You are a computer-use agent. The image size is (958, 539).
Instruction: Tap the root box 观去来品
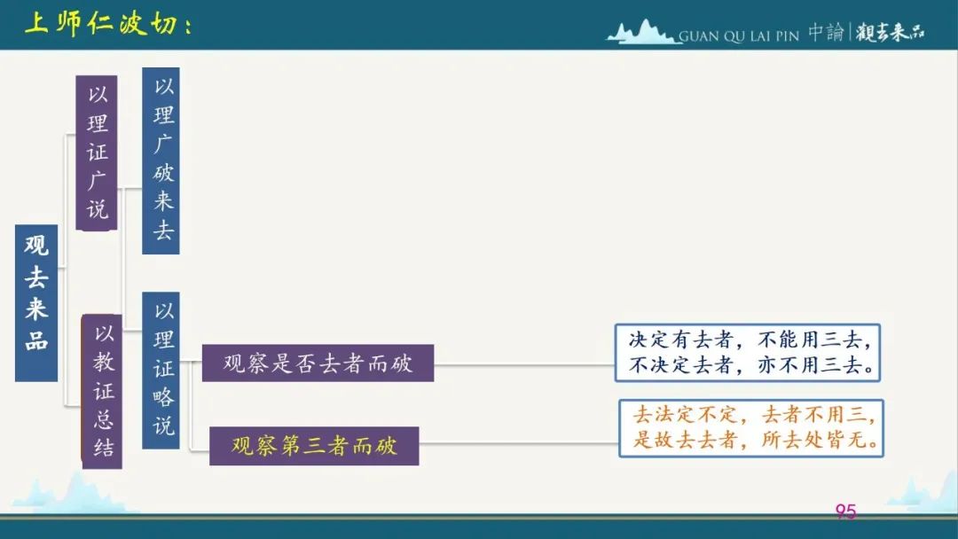point(36,303)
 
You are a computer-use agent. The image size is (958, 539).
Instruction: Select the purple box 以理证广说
point(97,152)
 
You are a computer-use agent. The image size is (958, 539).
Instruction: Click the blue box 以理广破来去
point(161,160)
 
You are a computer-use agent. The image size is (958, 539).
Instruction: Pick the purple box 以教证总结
point(102,391)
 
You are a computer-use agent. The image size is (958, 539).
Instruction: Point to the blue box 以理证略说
point(161,370)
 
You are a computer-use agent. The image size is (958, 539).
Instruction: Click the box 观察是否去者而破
point(318,363)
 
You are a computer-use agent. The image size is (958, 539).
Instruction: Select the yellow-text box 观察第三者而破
point(314,446)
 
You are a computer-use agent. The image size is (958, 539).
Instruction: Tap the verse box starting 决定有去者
point(747,353)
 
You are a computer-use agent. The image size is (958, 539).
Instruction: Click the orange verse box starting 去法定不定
point(751,428)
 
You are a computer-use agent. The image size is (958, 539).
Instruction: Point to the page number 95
point(845,511)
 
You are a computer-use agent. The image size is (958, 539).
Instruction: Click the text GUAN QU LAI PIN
point(739,36)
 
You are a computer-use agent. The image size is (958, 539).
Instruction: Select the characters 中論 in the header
point(826,32)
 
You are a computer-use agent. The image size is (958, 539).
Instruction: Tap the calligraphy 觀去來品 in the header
point(890,32)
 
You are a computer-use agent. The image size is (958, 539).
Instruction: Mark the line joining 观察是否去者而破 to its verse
point(524,365)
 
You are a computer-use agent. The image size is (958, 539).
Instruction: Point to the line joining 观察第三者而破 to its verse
point(519,443)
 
